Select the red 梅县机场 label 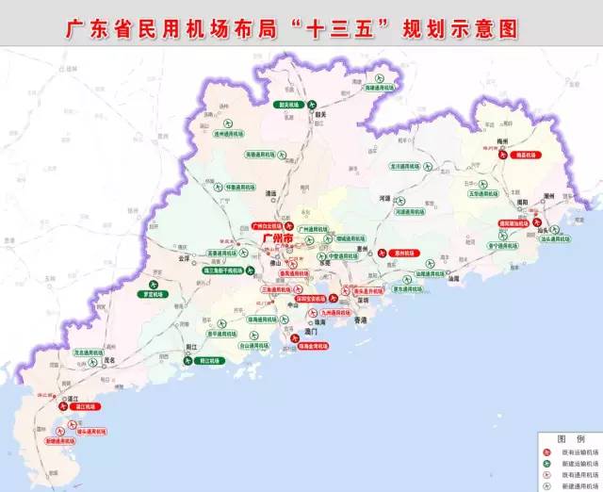coord(524,155)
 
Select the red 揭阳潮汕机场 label coord(513,224)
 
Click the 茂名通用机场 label coord(90,353)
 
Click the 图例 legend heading coord(568,439)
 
